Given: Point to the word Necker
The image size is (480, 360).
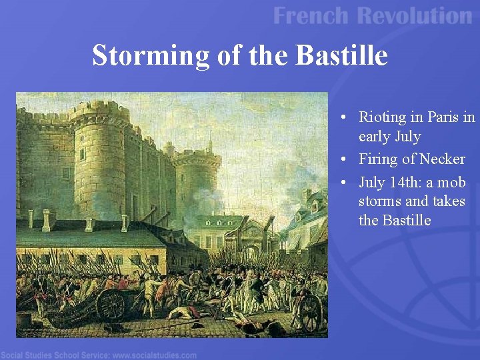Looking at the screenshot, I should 443,159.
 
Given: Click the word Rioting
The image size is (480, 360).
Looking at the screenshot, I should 382,117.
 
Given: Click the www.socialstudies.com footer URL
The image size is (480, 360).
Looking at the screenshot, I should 154,354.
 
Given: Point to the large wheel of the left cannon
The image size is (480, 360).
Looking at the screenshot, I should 111,305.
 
